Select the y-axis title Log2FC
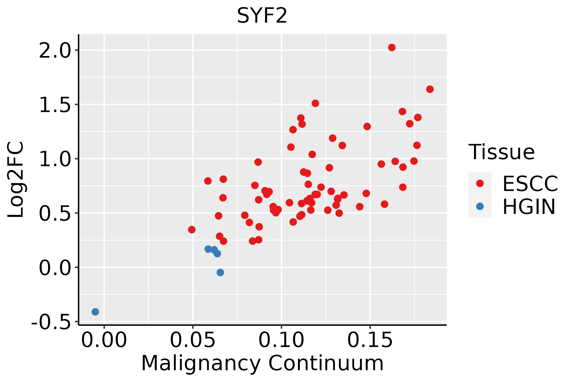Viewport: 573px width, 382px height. point(16,180)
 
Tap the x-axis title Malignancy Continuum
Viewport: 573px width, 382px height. point(262,363)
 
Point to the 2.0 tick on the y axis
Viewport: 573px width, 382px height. point(59,50)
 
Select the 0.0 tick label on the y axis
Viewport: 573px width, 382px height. point(59,268)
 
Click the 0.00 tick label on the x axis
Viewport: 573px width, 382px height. point(104,340)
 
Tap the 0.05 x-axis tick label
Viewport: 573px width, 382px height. point(193,340)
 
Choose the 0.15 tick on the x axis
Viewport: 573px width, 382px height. point(370,340)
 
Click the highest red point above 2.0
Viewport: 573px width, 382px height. point(392,47)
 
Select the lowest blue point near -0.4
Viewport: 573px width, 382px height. point(95,312)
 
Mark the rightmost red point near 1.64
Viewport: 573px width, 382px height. point(430,89)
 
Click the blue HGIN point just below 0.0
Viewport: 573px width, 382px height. point(220,272)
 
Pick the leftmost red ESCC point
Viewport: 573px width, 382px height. point(192,230)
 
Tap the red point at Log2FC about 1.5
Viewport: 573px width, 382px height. point(315,103)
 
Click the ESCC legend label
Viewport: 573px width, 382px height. point(530,184)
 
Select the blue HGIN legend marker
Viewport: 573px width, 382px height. point(480,206)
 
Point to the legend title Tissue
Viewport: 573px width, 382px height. point(502,152)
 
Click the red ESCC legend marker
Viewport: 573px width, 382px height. point(480,183)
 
